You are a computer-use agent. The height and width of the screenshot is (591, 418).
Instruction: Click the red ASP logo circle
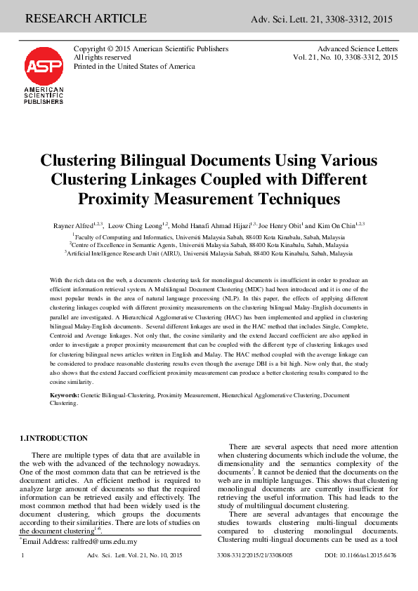[x=43, y=67]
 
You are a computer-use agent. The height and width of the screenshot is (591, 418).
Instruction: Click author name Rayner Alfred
[x=74, y=225]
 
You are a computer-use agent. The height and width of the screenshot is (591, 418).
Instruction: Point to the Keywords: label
[x=64, y=397]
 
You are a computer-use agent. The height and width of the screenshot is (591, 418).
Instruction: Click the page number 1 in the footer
[x=24, y=555]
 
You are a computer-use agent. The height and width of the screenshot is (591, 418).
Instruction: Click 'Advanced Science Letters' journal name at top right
[x=358, y=49]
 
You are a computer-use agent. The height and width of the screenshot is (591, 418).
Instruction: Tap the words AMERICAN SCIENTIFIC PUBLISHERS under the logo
[x=44, y=95]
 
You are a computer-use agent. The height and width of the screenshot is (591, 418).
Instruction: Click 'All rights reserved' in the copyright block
[x=103, y=58]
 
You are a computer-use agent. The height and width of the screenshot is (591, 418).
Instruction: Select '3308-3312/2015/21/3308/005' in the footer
[x=255, y=555]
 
